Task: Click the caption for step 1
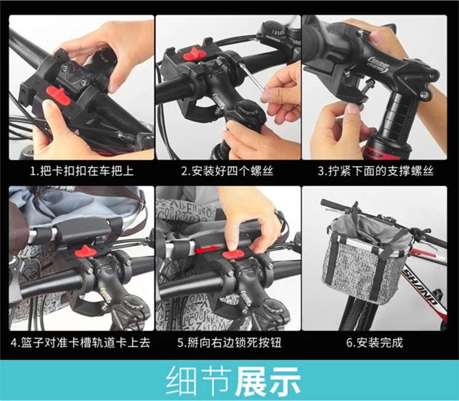[82, 171]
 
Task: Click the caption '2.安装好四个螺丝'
[227, 171]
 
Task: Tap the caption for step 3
[376, 171]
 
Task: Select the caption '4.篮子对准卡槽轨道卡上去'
[80, 342]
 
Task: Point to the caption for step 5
[229, 342]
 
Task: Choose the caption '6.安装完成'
[375, 342]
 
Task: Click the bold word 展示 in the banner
[267, 381]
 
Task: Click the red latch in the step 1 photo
[59, 96]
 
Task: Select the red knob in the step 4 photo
[85, 251]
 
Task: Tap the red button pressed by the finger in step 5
[233, 254]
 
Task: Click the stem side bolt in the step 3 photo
[423, 95]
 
